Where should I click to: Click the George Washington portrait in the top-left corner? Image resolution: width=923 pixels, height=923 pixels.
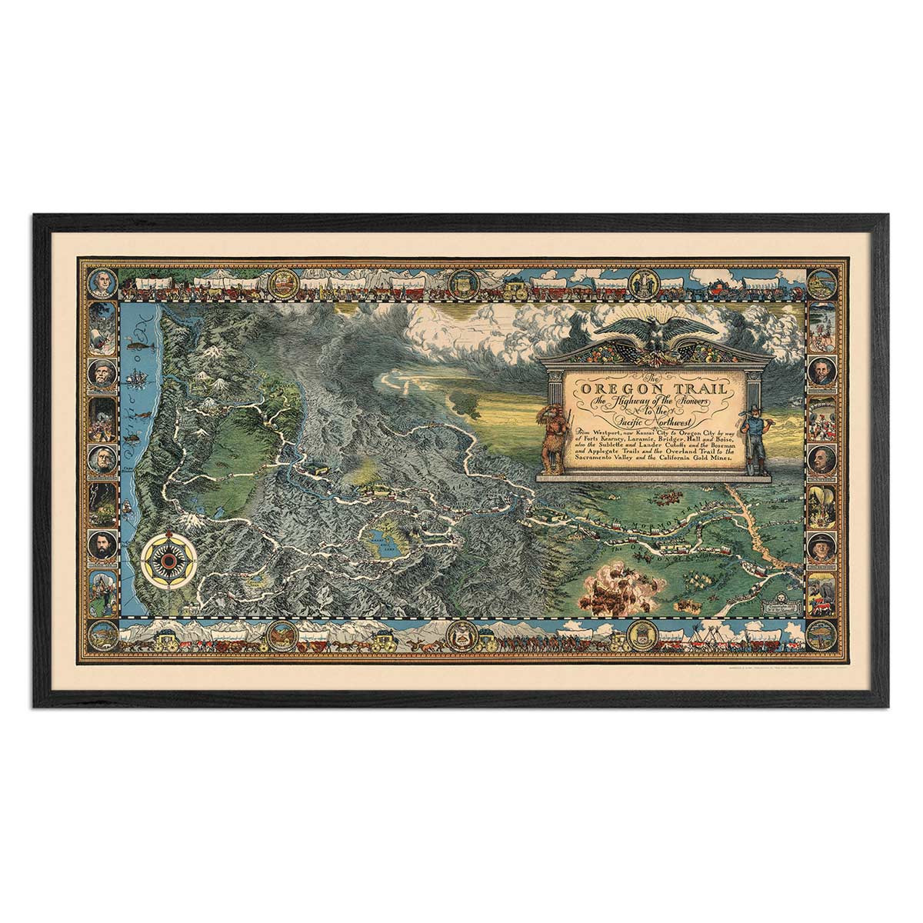pos(102,283)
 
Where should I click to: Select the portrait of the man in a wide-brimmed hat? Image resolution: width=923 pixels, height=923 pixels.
pos(821,547)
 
